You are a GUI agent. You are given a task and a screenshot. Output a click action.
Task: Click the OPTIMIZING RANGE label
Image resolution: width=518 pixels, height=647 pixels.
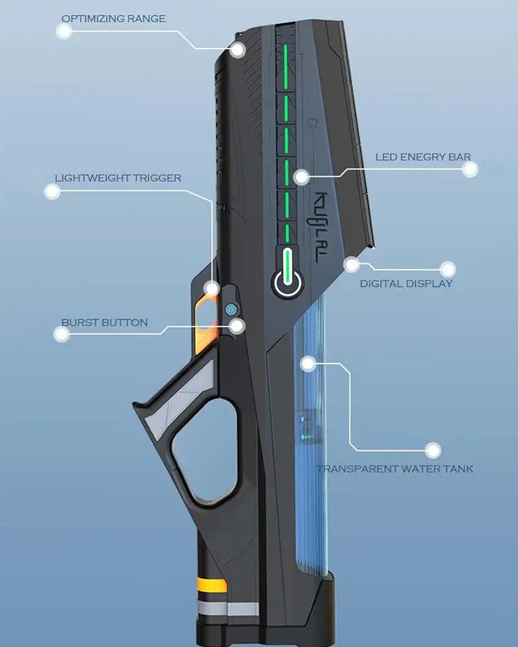pyautogui.click(x=113, y=19)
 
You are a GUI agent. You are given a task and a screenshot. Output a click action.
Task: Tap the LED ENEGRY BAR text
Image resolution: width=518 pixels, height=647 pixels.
pyautogui.click(x=423, y=157)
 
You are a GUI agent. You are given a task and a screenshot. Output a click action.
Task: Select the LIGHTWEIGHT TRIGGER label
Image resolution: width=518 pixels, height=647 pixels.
pyautogui.click(x=118, y=177)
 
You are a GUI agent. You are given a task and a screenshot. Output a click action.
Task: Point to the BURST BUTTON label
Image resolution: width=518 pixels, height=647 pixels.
pyautogui.click(x=104, y=322)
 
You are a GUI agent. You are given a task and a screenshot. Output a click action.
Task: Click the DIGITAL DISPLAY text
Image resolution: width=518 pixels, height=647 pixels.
pyautogui.click(x=406, y=283)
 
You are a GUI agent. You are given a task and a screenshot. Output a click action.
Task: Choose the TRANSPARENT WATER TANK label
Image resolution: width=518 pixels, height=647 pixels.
pyautogui.click(x=394, y=468)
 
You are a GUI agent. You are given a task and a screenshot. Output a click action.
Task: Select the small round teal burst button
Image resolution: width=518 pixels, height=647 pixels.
pyautogui.click(x=230, y=310)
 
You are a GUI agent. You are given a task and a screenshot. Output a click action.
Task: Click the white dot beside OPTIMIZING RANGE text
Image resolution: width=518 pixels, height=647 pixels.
pyautogui.click(x=63, y=32)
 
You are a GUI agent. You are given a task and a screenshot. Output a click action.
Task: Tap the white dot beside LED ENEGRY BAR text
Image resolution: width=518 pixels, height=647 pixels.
pyautogui.click(x=471, y=170)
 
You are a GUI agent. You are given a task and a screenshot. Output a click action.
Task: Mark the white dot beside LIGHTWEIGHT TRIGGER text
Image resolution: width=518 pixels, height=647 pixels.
pyautogui.click(x=52, y=191)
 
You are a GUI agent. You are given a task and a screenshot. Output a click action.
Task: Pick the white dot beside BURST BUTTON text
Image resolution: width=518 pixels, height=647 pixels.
pyautogui.click(x=61, y=334)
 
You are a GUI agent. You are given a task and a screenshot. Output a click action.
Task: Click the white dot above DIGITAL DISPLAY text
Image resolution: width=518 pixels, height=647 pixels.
pyautogui.click(x=447, y=269)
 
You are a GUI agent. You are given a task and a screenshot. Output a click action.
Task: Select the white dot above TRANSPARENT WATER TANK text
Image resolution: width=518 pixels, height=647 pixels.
pyautogui.click(x=433, y=450)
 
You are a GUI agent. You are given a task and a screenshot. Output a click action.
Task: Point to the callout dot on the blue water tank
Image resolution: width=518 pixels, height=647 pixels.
pyautogui.click(x=308, y=364)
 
